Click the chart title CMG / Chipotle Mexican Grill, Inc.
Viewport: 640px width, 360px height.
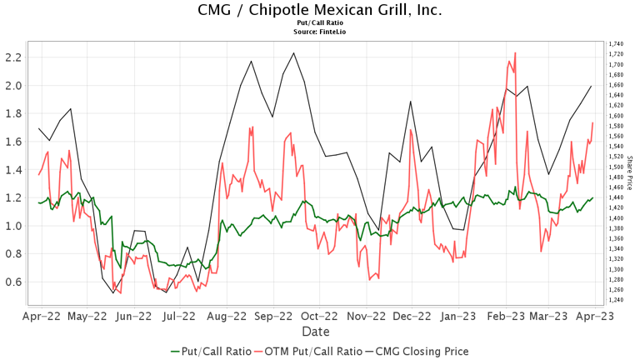click(x=320, y=10)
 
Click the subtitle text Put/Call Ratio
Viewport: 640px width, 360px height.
click(x=320, y=23)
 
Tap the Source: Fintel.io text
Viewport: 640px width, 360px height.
click(x=320, y=32)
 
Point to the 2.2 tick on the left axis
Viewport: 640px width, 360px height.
click(x=12, y=57)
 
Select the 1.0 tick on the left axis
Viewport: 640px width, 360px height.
click(x=12, y=226)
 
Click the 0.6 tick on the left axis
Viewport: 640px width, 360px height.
click(x=12, y=282)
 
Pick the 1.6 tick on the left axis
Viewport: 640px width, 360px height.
click(x=12, y=142)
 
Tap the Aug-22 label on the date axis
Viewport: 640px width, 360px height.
click(x=228, y=317)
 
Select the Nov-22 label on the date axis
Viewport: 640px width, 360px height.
click(x=367, y=317)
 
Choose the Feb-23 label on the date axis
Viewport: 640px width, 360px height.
click(x=506, y=317)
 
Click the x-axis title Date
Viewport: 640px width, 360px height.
click(x=315, y=332)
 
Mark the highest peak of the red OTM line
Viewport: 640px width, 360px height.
click(x=516, y=52)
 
